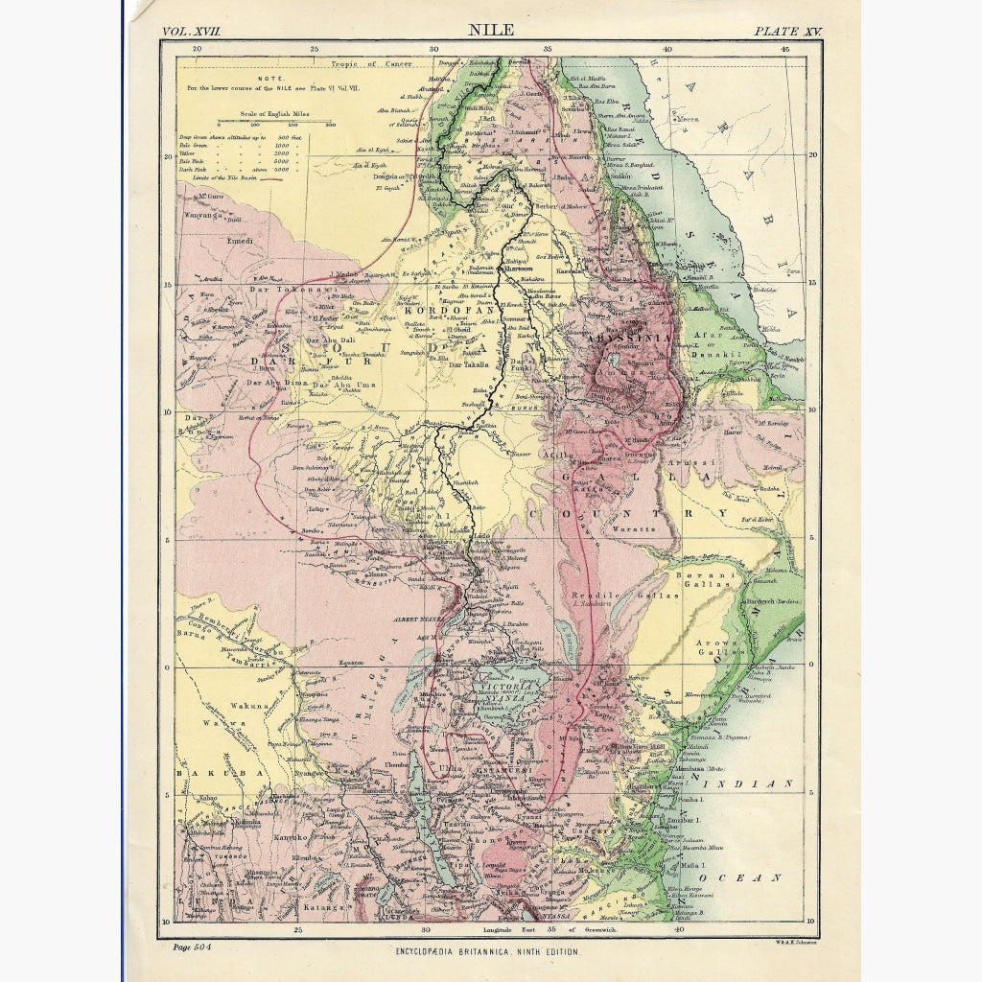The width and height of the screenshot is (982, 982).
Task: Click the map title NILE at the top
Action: coord(491,29)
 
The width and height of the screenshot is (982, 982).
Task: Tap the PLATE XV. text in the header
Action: coord(787,31)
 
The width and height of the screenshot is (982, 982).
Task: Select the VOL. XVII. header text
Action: coord(192,31)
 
